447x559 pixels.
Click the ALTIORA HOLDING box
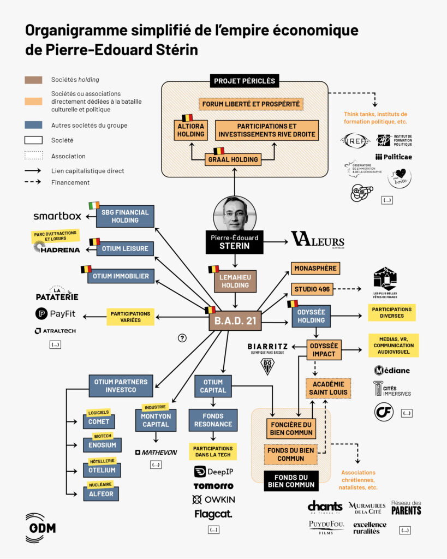[190, 130]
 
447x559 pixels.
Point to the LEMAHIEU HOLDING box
[235, 281]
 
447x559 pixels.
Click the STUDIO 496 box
[312, 289]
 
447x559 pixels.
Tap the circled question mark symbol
[182, 338]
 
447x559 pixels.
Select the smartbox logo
[57, 216]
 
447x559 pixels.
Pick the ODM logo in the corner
[40, 528]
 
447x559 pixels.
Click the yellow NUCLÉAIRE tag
[100, 484]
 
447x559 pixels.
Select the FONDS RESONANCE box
[213, 420]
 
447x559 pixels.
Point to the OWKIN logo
[214, 499]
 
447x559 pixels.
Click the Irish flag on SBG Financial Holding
[94, 205]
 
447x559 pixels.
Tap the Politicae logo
[394, 157]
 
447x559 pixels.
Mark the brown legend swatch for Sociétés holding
[33, 80]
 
